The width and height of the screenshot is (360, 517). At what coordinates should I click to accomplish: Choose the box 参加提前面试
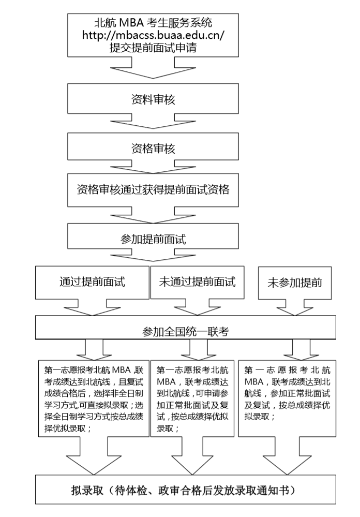[x=153, y=240]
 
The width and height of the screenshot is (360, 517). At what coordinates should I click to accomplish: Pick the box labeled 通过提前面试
[x=92, y=283]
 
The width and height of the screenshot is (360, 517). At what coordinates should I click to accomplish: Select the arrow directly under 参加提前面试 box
[x=153, y=257]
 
